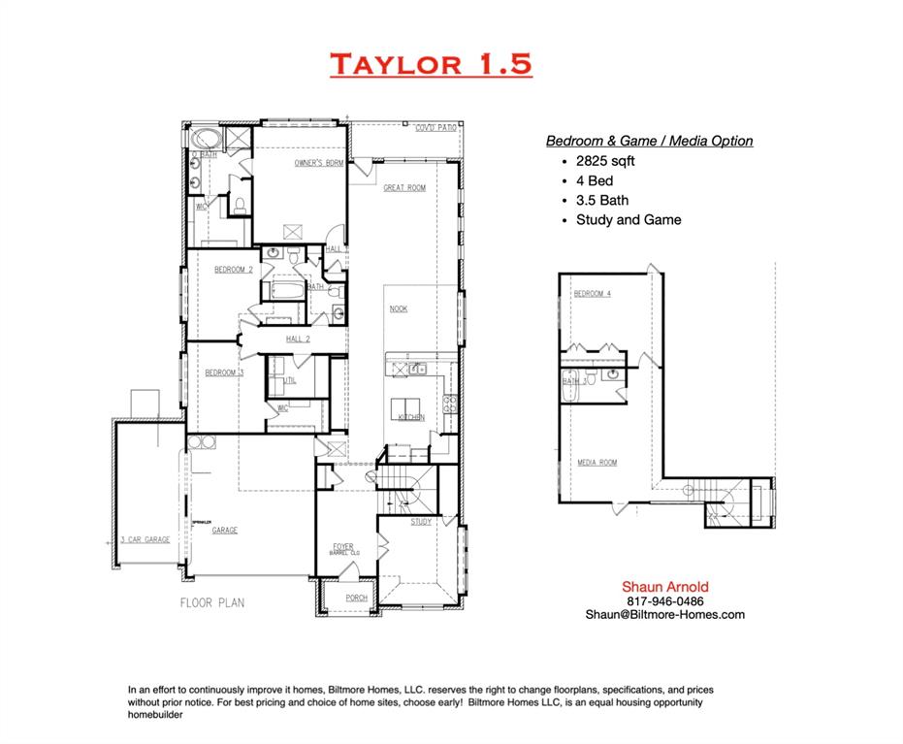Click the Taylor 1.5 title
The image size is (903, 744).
[x=431, y=64]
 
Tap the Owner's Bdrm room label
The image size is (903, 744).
[x=319, y=163]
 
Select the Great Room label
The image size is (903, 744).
[x=403, y=187]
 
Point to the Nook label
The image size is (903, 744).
[x=398, y=308]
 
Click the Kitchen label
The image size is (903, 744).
[x=411, y=417]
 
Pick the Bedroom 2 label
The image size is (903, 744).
[x=234, y=270]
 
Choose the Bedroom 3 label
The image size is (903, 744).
[x=224, y=372]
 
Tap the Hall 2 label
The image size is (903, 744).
[x=298, y=339]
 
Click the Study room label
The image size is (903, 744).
[x=421, y=522]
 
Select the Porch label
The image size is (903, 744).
[x=356, y=598]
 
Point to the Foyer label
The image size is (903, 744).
[x=343, y=546]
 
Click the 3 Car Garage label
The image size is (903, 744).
[x=145, y=539]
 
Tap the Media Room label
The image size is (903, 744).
[x=597, y=463]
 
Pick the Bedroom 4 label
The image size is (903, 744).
[x=592, y=293]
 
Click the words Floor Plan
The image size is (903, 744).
[x=211, y=602]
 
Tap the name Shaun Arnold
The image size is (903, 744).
[x=664, y=587]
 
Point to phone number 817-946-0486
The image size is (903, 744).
[x=664, y=600]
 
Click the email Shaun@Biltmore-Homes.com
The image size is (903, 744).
[x=664, y=614]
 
